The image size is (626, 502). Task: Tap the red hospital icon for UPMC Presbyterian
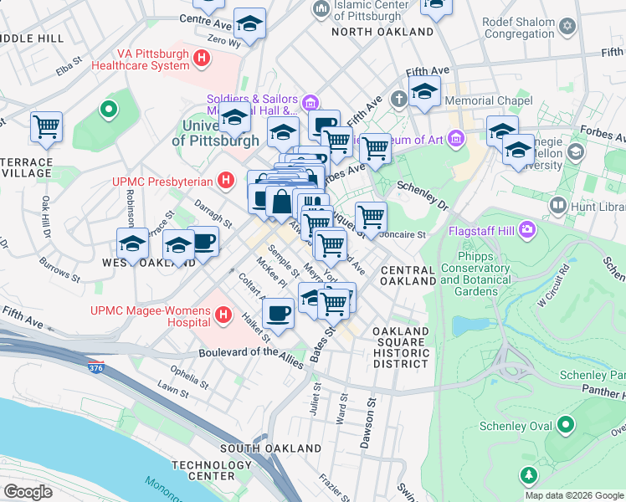[x=224, y=180]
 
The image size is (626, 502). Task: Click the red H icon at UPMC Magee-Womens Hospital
[x=223, y=315]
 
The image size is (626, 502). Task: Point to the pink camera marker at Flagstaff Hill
[x=527, y=228]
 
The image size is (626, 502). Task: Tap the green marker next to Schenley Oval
[x=566, y=425]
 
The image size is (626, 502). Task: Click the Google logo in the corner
[x=28, y=491]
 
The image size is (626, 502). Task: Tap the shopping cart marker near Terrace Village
[x=46, y=127]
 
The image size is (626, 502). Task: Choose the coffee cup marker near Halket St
[x=278, y=314]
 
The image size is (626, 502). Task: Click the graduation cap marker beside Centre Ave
[x=249, y=23]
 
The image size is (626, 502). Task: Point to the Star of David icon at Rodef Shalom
[x=567, y=27]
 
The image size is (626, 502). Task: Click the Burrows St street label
[x=61, y=270]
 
